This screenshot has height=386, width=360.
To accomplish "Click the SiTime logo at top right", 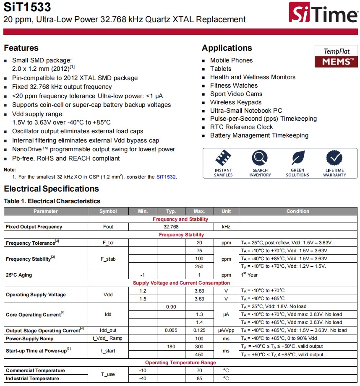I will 323,13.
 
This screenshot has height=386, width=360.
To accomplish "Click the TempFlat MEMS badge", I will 336,56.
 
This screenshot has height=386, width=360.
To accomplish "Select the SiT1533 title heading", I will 27,7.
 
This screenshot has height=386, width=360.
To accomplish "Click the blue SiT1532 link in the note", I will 166,177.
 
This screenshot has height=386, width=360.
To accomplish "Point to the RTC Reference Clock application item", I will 241,127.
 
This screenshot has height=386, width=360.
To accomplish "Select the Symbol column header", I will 108,211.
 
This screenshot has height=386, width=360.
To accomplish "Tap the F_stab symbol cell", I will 108,259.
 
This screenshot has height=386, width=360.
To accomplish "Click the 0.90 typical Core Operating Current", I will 171,307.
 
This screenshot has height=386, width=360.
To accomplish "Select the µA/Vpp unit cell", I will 226,330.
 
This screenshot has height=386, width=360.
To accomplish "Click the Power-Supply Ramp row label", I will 29,338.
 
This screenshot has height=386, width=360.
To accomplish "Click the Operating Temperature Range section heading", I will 180,363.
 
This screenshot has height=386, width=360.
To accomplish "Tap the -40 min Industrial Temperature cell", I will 143,378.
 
